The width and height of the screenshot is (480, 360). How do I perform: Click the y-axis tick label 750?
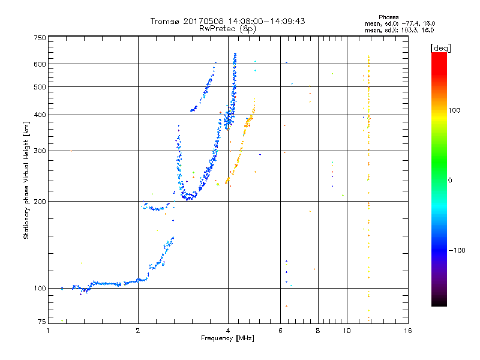click(40, 38)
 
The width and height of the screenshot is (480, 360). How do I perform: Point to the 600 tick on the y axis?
click(40, 64)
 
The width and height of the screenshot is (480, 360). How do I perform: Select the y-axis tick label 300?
click(40, 151)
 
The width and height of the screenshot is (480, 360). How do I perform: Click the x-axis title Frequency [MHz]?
click(227, 338)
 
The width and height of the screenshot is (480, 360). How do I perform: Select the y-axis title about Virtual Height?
click(26, 180)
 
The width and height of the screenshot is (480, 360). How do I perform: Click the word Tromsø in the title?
click(166, 21)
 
